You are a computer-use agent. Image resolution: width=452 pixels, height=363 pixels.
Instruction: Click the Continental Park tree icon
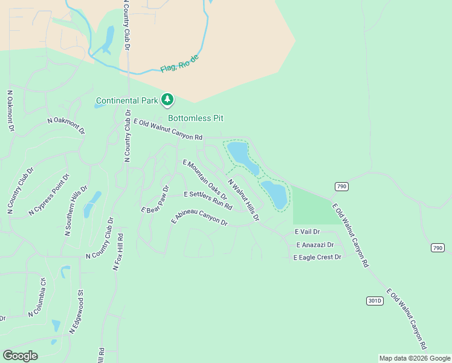point(167,100)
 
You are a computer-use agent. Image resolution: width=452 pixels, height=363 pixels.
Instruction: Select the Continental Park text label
point(127,100)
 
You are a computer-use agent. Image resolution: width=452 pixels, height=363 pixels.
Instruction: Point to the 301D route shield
point(375,301)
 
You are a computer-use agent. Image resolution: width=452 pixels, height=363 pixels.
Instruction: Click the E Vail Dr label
point(307,232)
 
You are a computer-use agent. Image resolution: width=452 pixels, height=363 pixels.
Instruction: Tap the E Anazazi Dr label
point(315,245)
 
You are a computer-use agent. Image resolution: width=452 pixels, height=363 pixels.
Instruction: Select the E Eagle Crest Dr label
point(317,257)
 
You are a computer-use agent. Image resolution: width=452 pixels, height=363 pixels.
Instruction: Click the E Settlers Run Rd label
point(208,201)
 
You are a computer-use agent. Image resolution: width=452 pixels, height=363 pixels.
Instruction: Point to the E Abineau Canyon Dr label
point(199,218)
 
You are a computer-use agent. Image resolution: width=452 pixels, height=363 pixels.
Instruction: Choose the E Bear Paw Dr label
point(155,200)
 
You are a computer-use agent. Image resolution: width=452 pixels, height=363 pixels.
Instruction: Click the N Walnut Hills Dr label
point(244,199)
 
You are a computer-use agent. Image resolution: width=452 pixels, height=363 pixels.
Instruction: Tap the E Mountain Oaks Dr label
point(205,180)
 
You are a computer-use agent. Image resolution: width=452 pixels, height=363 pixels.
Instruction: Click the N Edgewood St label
point(77,312)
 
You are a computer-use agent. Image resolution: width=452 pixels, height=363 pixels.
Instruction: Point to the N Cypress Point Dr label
point(50,195)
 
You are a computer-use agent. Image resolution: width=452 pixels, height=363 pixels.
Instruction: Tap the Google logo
point(20,356)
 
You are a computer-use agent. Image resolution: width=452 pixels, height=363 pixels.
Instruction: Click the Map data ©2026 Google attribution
point(415,358)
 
